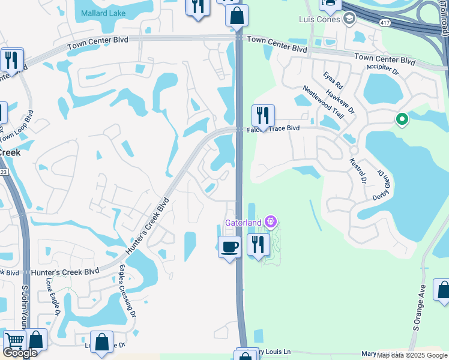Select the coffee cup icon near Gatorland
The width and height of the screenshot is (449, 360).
pos(229,246)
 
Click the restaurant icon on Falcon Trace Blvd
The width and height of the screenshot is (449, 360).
pos(262,115)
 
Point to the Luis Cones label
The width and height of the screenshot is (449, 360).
pos(319,19)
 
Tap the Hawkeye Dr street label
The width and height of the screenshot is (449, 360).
pos(341,102)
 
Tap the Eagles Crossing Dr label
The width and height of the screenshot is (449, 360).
pos(127,291)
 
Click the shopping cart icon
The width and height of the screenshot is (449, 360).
pos(14,341)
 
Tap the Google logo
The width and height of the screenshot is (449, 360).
pos(20,353)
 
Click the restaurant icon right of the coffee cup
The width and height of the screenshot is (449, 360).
pos(258,245)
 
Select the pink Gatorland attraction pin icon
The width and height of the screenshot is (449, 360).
pos(271,223)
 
